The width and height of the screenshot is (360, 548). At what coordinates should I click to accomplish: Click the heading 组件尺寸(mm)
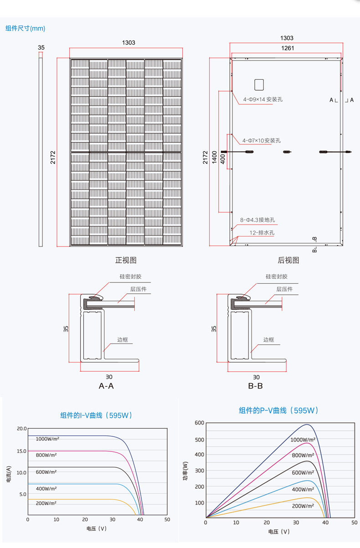click(x=26, y=28)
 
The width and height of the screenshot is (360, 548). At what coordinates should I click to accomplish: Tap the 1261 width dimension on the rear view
click(x=287, y=48)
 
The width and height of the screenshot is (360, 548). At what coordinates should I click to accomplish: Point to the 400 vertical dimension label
click(x=222, y=159)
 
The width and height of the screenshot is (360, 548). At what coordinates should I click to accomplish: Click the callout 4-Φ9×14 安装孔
click(x=262, y=99)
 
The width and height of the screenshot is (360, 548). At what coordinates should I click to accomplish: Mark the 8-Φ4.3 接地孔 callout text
click(x=257, y=220)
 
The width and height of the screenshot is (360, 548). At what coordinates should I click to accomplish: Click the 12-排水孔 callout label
click(x=262, y=233)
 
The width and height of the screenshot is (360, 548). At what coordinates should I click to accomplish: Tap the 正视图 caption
click(x=125, y=261)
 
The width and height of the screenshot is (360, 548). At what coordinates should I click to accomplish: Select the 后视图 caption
click(x=288, y=261)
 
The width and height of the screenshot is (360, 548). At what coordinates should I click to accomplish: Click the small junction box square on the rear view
click(x=259, y=84)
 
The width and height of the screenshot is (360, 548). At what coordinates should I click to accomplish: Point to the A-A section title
click(x=106, y=386)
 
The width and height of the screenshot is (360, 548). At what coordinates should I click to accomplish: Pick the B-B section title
click(x=255, y=386)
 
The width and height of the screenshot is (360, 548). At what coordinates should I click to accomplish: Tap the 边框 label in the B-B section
click(x=269, y=340)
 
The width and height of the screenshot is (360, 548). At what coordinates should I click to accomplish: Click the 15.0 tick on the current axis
click(x=21, y=451)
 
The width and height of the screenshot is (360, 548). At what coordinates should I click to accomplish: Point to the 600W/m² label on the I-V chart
click(x=46, y=472)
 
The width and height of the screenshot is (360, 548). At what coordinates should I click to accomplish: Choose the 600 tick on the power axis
click(x=199, y=423)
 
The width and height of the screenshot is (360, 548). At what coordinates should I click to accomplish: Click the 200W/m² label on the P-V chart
click(x=303, y=506)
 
